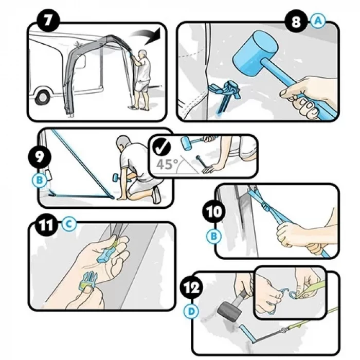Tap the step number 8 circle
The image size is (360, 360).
click(296, 22)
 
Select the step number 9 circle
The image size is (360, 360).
click(40, 157)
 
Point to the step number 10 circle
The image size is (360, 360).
click(213, 211)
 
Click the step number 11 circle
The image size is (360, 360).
click(46, 225)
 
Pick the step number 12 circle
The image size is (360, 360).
click(192, 287)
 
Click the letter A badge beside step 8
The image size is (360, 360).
click(318, 21)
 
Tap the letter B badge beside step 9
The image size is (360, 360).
click(40, 180)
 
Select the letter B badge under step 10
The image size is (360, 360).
click(214, 236)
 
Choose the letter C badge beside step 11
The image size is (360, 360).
click(69, 223)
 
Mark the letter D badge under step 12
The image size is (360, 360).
click(191, 312)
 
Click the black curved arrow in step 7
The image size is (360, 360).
click(147, 35)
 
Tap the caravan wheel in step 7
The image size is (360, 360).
click(43, 97)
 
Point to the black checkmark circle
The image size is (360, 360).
click(161, 147)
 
